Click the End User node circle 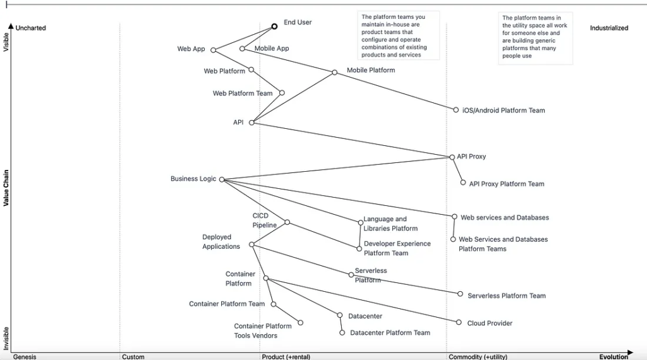(274, 27)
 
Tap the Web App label (191, 49)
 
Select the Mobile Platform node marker (335, 72)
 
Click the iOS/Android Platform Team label (504, 111)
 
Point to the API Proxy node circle (452, 157)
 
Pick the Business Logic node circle (222, 179)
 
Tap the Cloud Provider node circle (459, 322)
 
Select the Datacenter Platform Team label (390, 333)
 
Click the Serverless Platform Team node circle (461, 294)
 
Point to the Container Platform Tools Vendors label (262, 331)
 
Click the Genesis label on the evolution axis (25, 357)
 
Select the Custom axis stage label (133, 357)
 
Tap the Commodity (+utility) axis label (478, 357)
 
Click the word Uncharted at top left (30, 28)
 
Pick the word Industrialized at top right (609, 28)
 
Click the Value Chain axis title (6, 187)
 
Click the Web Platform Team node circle (282, 93)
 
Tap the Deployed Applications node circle (251, 244)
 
